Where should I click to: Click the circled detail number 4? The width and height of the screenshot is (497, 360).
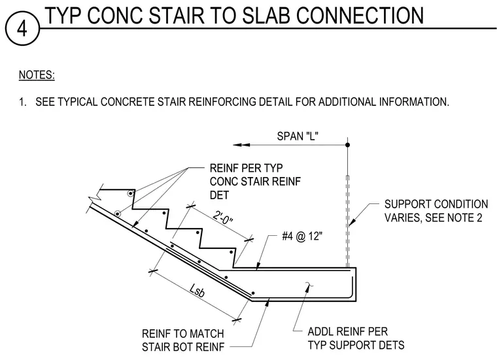point(22,29)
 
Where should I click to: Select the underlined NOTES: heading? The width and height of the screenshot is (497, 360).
point(37,75)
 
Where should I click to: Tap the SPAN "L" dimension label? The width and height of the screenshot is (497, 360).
point(298,136)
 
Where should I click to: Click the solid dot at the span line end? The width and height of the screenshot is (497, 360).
point(347,144)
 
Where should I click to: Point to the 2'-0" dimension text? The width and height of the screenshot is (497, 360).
point(223,218)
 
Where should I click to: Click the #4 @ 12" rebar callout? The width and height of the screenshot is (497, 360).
point(301,237)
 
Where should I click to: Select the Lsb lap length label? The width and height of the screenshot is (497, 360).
point(197,290)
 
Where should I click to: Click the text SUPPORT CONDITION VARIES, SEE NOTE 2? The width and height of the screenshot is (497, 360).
point(436,211)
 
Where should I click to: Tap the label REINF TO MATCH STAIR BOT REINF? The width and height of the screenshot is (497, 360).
point(183,340)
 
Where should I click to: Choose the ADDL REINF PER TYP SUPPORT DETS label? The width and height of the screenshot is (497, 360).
point(356,338)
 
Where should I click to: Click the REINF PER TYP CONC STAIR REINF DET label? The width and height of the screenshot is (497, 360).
point(255,182)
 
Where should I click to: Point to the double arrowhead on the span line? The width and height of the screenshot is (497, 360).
point(241,145)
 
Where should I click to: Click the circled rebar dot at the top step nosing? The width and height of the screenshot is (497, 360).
point(130,193)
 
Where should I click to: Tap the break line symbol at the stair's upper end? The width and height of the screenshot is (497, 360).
point(95,195)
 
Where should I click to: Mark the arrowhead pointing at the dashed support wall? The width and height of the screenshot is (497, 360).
point(352,222)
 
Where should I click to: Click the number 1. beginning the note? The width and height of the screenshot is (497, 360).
point(22,102)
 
